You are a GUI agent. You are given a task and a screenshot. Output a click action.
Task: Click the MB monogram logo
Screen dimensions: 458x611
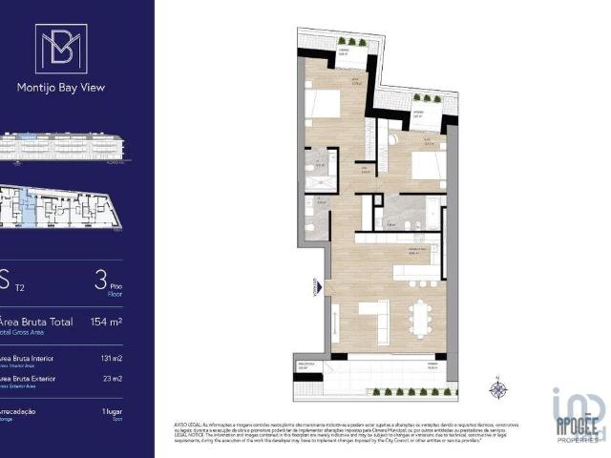[x=60, y=49]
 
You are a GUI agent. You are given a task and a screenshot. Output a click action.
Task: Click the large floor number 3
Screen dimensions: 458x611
[x=101, y=280]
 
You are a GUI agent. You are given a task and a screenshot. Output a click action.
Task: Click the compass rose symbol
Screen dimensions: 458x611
[x=496, y=388]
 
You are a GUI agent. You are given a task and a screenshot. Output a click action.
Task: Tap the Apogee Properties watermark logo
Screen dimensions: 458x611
[x=578, y=415]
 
